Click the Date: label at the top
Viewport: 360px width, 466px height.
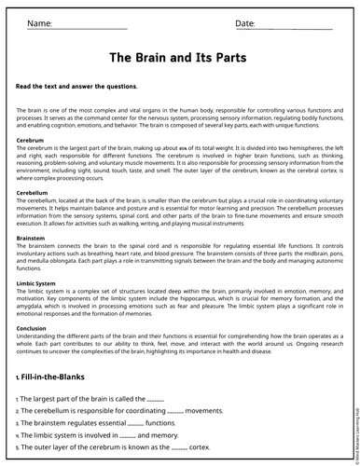click(x=245, y=22)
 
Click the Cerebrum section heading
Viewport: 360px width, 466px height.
click(x=30, y=140)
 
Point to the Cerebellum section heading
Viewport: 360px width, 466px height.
click(x=34, y=193)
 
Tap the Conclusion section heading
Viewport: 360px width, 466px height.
click(x=32, y=328)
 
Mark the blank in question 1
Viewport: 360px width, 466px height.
click(x=156, y=399)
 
